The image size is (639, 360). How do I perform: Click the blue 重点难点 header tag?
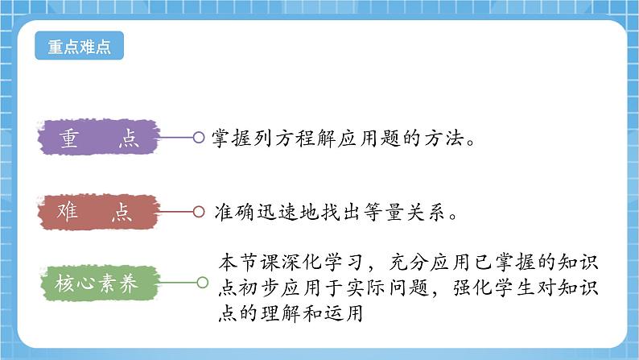pyautogui.click(x=80, y=46)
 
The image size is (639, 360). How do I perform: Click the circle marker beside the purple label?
pyautogui.click(x=199, y=138)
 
